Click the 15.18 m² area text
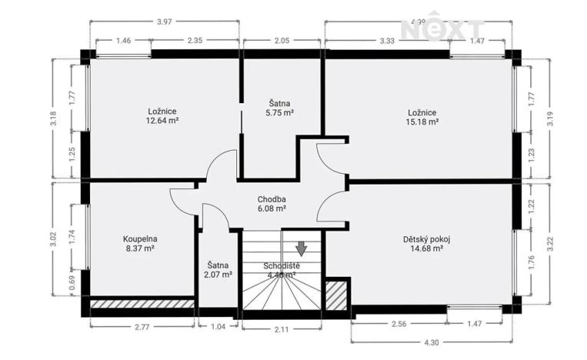tap(422, 122)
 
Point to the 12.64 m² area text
tap(163, 120)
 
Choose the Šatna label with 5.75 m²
tap(280, 102)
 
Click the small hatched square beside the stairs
tap(335, 295)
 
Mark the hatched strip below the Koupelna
tap(142, 305)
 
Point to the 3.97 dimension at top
tap(164, 22)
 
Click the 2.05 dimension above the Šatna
tap(281, 40)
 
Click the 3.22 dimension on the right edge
tap(549, 240)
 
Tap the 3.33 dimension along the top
tap(386, 40)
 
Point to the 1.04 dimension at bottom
tap(218, 328)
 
